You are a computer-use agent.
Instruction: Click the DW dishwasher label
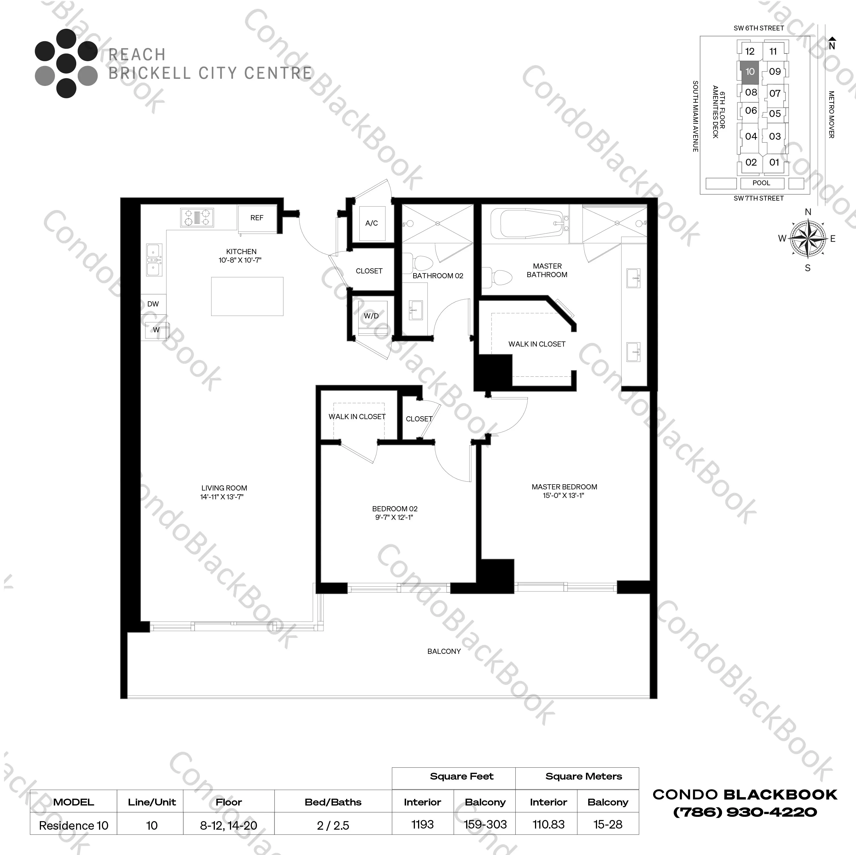pyautogui.click(x=153, y=304)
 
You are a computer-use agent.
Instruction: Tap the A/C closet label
pyautogui.click(x=371, y=223)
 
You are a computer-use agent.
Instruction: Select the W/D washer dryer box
pyautogui.click(x=371, y=316)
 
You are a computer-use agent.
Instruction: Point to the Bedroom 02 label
pyautogui.click(x=394, y=508)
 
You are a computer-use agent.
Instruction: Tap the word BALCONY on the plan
pyautogui.click(x=444, y=651)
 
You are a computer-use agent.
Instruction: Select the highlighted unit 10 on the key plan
pyautogui.click(x=750, y=72)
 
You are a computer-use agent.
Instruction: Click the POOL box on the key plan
pyautogui.click(x=761, y=183)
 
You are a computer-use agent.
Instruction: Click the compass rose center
pyautogui.click(x=808, y=239)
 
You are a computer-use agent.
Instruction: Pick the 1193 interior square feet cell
pyautogui.click(x=422, y=825)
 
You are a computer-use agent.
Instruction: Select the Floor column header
pyautogui.click(x=229, y=802)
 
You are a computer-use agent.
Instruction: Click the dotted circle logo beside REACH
pyautogui.click(x=66, y=63)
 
